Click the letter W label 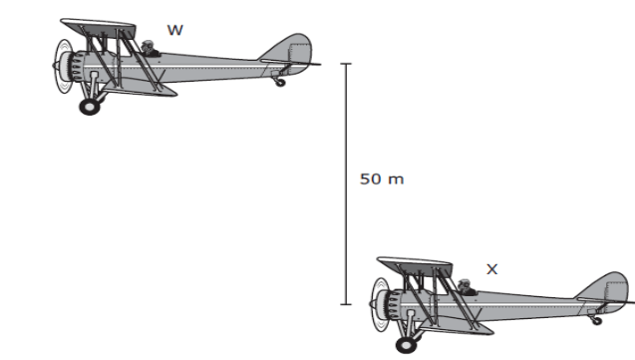(175, 30)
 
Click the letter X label (492, 269)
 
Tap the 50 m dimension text (382, 179)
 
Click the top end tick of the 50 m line (346, 64)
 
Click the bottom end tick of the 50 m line (346, 304)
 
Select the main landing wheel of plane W (90, 107)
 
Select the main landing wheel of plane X (406, 345)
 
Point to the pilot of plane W (150, 48)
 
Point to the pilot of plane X (466, 287)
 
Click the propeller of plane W (63, 66)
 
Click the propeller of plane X (380, 304)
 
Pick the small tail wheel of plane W (280, 83)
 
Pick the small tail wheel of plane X (596, 321)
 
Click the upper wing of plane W (98, 28)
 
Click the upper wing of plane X (415, 266)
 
